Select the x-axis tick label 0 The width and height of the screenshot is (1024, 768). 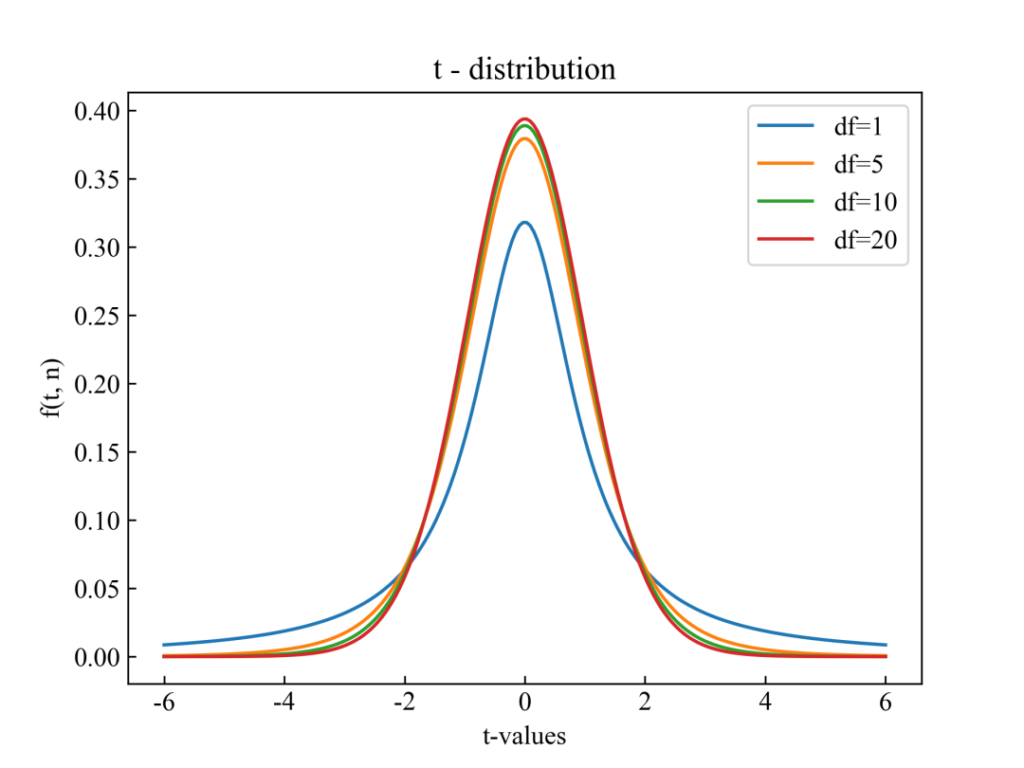click(524, 706)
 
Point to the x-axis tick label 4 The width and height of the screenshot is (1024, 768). click(765, 706)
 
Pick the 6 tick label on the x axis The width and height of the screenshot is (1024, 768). click(886, 706)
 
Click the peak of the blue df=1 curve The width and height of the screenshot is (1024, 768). click(524, 223)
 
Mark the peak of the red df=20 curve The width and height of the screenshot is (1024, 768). click(524, 119)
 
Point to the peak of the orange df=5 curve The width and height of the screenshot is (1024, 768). click(524, 139)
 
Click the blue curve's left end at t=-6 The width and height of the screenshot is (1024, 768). click(163, 645)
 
